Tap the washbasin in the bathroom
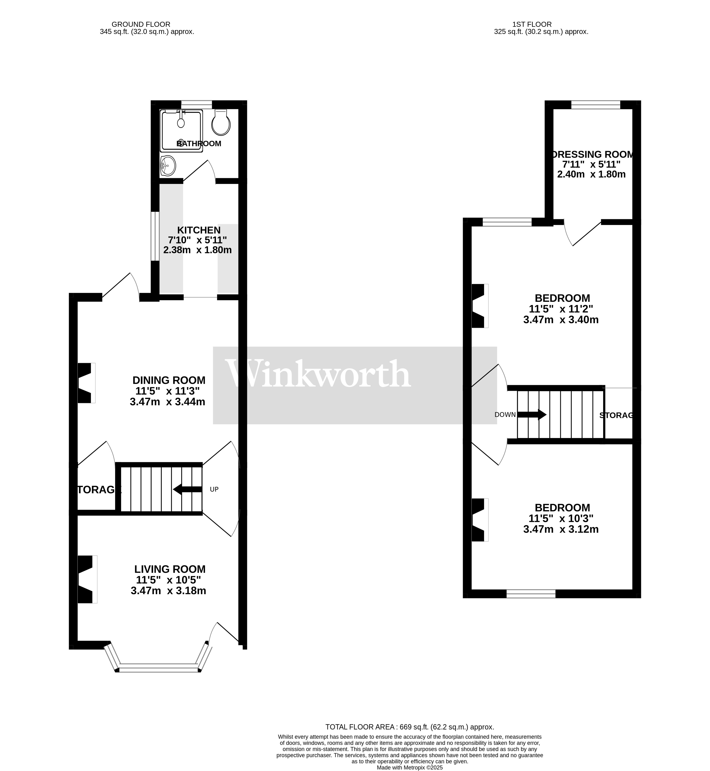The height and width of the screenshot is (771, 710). (x=168, y=166)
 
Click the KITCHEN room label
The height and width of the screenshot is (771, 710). (x=199, y=230)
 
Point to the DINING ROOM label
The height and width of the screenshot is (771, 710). (x=169, y=380)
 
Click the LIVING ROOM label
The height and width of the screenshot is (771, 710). (x=170, y=569)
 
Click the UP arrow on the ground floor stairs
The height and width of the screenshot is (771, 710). (x=187, y=489)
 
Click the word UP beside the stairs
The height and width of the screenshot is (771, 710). (x=214, y=489)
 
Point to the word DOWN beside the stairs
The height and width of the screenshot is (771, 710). (x=505, y=415)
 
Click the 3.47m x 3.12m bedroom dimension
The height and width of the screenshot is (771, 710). (x=561, y=529)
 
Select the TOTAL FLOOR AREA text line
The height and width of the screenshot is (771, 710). (x=410, y=727)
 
